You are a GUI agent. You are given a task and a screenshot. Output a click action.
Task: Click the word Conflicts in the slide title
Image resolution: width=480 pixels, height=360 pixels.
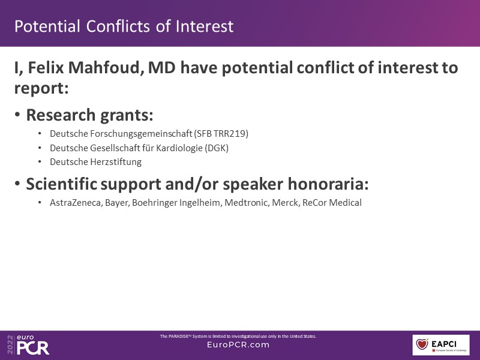point(118,26)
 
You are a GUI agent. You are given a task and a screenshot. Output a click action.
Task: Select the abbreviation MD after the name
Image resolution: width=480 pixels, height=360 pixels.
point(162,67)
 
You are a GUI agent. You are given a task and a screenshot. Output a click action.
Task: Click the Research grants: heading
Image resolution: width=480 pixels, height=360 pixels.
point(89,115)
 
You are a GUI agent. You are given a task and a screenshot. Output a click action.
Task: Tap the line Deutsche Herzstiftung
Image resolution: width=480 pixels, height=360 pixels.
point(96,161)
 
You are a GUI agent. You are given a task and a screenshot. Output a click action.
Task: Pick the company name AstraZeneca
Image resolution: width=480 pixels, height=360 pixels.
point(76,203)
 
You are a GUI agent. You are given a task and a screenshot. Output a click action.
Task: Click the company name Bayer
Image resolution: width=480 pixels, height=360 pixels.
point(117,203)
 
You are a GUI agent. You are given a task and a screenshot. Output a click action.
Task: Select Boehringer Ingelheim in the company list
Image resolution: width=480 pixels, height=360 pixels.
point(177,203)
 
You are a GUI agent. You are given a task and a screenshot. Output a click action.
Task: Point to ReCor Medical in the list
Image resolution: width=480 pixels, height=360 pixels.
point(332,203)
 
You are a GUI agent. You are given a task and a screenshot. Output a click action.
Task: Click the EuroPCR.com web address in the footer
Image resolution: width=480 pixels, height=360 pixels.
point(238,344)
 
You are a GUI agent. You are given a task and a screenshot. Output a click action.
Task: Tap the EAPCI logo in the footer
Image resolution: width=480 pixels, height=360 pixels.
point(441,344)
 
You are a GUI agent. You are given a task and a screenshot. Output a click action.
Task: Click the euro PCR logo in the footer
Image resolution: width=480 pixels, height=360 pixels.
point(28,344)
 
